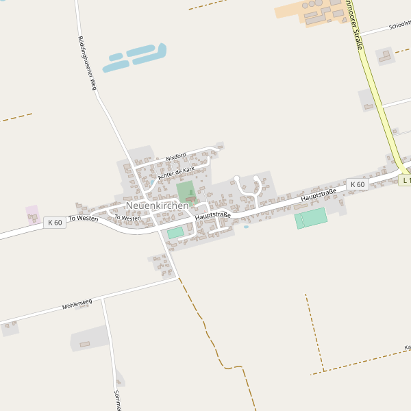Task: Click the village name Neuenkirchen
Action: coord(157,206)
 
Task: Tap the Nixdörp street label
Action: coord(176,157)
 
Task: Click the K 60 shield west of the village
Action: coord(55,223)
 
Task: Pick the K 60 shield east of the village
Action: coord(357,184)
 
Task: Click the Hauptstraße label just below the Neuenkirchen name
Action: coord(212,216)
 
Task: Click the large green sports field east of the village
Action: coord(312,219)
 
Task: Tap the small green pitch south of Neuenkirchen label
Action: coord(175,233)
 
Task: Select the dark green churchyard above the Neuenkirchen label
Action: coord(186,191)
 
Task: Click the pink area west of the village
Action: coord(32,212)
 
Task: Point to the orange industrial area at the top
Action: coord(312,12)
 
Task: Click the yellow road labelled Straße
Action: coord(373,82)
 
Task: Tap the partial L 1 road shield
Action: coord(405,180)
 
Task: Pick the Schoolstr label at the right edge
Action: coord(399,26)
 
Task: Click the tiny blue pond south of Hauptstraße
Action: coord(246,227)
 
